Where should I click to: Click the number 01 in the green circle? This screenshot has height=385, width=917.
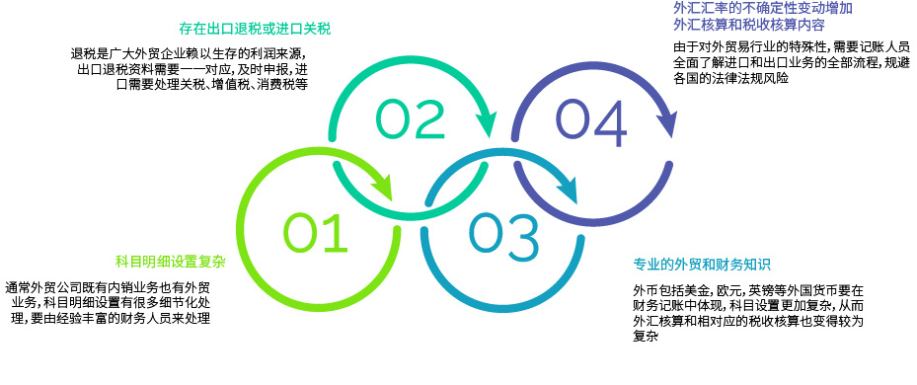click(x=316, y=232)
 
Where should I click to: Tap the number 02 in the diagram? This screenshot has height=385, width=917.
click(x=410, y=118)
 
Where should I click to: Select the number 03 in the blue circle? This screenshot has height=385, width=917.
click(x=504, y=232)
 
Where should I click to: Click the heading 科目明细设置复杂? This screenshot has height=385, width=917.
click(x=170, y=262)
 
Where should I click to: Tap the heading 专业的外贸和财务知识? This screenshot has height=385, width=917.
click(x=701, y=265)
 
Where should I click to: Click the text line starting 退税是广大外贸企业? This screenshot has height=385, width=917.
click(x=190, y=53)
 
